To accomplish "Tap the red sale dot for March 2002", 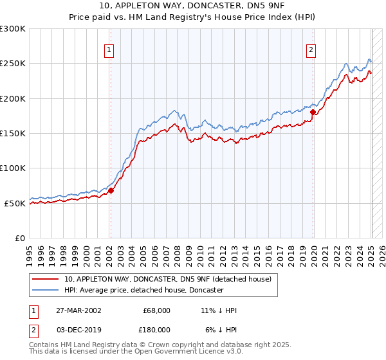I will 111,190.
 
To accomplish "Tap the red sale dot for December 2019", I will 313,112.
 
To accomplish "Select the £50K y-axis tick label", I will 15,203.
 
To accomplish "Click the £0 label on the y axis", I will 20,238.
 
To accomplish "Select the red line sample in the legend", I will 45,279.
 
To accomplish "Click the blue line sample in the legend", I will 45,290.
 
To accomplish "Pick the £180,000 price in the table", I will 157,329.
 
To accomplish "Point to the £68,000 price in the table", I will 157,310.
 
